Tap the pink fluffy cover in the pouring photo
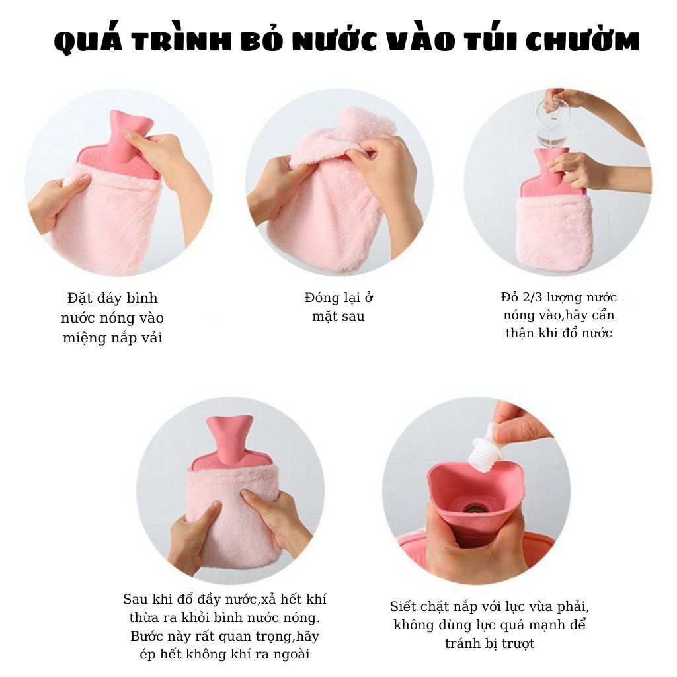point(555,233)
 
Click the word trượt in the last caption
point(518,644)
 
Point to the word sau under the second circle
point(353,317)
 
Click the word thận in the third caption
point(520,333)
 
